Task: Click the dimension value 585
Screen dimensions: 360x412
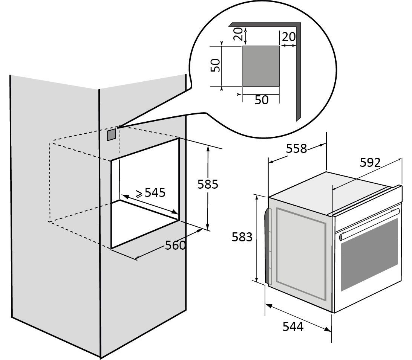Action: pyautogui.click(x=208, y=185)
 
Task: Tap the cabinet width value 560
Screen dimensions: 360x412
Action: pyautogui.click(x=176, y=246)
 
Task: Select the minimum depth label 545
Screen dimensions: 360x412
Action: pyautogui.click(x=155, y=192)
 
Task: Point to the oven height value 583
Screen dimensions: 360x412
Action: pyautogui.click(x=242, y=237)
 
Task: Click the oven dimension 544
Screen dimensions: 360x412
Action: pyautogui.click(x=293, y=326)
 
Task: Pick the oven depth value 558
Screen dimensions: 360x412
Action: pyautogui.click(x=297, y=149)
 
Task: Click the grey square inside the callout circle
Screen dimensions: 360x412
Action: pyautogui.click(x=260, y=66)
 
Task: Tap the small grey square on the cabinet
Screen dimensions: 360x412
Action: pyautogui.click(x=111, y=134)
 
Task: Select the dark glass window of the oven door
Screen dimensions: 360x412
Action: pyautogui.click(x=369, y=255)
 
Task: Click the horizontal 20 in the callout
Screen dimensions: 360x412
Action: pyautogui.click(x=289, y=37)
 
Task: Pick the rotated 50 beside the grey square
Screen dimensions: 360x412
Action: pyautogui.click(x=215, y=66)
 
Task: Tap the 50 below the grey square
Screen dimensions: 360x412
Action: pyautogui.click(x=262, y=100)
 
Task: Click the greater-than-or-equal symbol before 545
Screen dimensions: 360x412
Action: pyautogui.click(x=139, y=194)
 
